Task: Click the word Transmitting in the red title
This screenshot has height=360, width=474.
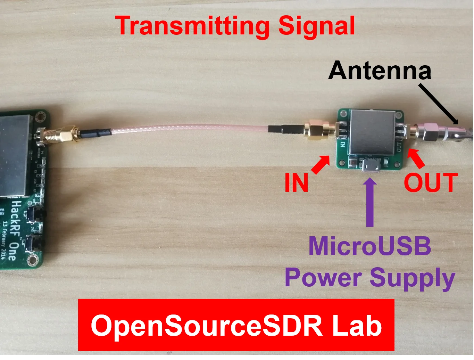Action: [x=192, y=26]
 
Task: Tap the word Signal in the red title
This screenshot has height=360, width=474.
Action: [x=316, y=26]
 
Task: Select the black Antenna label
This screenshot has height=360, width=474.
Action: [x=380, y=71]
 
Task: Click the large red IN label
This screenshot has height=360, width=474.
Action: [x=296, y=183]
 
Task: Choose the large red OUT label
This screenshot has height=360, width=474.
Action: [x=431, y=183]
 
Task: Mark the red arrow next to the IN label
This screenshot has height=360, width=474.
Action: [x=321, y=164]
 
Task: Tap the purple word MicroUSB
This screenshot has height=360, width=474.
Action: [x=370, y=246]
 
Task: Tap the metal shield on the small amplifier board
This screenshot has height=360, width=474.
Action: [x=372, y=132]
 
